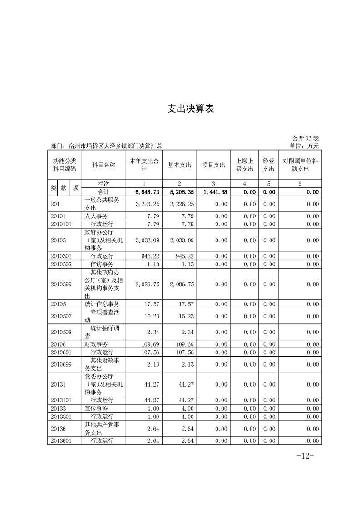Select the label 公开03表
[305, 138]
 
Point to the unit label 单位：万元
[304, 146]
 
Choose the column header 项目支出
[213, 165]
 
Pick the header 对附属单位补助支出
[300, 165]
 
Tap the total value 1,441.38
[215, 192]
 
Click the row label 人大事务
[96, 216]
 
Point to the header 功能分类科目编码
[64, 165]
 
